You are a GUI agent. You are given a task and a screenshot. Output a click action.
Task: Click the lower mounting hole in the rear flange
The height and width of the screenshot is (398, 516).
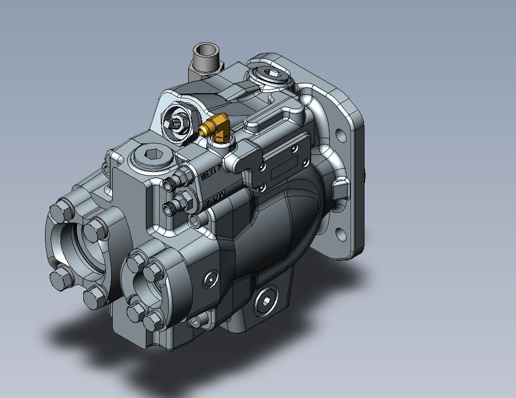(341, 234)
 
